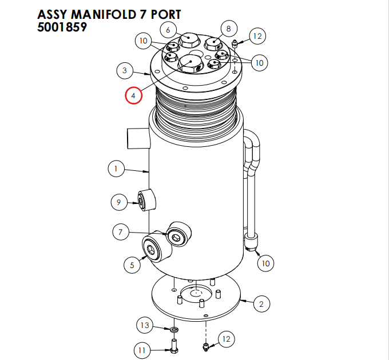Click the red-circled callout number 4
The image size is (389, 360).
click(133, 95)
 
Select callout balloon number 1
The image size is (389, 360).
click(116, 169)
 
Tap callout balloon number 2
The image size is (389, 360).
click(261, 303)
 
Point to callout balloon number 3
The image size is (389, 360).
click(125, 71)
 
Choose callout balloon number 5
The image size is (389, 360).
click(132, 265)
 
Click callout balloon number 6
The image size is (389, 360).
click(168, 29)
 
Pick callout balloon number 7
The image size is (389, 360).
click(121, 232)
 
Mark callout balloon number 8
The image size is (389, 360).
click(228, 28)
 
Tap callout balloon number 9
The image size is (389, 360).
click(118, 202)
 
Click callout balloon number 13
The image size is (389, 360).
click(145, 326)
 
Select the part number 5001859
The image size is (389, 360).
click(62, 27)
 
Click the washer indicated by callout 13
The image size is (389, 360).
click(173, 330)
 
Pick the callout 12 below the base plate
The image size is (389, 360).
click(226, 339)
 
